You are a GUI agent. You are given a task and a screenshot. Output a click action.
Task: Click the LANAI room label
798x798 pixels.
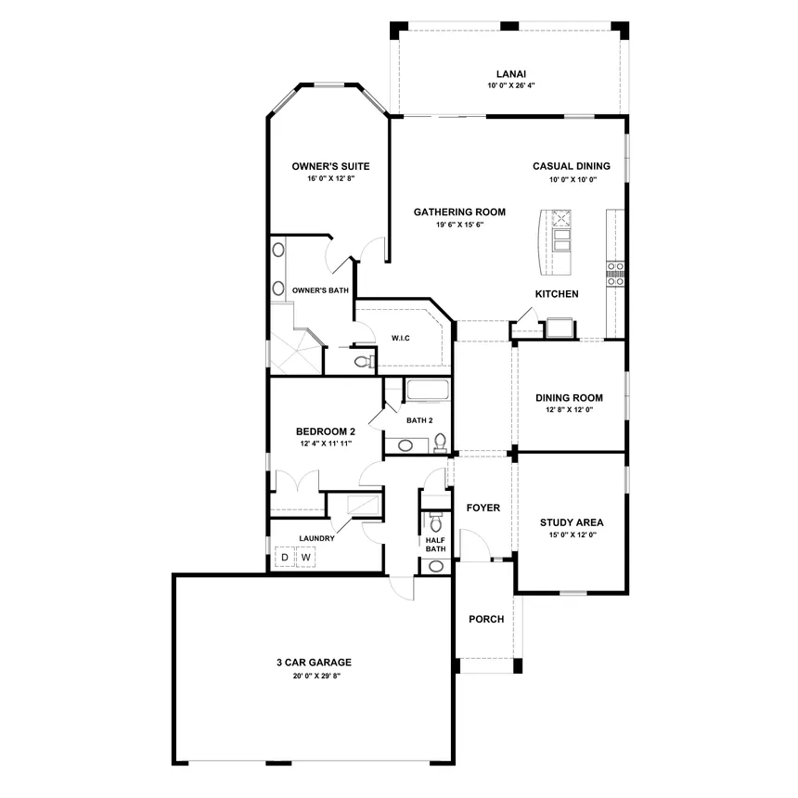pos(511,74)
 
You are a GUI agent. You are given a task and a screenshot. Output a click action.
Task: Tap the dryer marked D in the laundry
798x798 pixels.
pos(285,558)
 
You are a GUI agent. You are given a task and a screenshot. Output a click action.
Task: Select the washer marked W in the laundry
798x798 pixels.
pos(306,558)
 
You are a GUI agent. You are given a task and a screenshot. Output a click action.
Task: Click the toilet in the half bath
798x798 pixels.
pos(435,522)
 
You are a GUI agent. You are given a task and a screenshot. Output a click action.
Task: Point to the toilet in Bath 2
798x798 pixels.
pos(440,443)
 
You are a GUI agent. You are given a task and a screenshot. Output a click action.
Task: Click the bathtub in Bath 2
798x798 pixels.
pos(428,390)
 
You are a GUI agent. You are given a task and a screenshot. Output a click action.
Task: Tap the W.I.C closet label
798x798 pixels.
pos(401,338)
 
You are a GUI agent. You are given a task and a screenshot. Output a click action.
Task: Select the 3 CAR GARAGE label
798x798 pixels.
pos(314,663)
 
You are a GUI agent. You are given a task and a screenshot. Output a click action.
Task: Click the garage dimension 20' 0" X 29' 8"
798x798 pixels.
pos(316,676)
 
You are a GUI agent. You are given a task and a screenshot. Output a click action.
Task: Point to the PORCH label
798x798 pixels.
pos(486,619)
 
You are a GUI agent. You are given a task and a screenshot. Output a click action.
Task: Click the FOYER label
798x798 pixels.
pos(483,508)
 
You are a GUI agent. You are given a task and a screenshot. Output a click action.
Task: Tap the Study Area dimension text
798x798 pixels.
pos(573,534)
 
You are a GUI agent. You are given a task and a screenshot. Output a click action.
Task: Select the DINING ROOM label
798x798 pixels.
pos(569,398)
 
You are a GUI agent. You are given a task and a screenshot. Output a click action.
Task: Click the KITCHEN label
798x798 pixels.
pos(557,293)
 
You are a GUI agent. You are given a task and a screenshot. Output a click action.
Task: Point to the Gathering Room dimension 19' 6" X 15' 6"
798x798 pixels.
pos(459,225)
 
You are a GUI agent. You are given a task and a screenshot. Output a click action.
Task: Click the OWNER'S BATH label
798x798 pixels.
pos(321,290)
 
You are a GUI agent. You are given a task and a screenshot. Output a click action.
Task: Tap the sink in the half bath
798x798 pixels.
pos(435,566)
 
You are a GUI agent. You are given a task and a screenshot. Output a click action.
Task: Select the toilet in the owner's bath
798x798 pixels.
pos(364,362)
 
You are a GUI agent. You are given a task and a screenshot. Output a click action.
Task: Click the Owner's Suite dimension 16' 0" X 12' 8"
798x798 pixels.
pos(331,179)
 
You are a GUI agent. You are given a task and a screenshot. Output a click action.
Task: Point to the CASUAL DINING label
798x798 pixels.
pos(572,166)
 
